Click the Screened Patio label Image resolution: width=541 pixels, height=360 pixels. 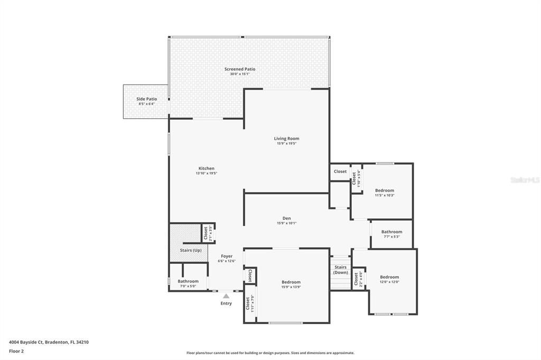(x=240, y=69)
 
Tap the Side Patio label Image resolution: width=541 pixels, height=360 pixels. (x=147, y=99)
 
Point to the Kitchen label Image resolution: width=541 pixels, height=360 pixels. (x=206, y=168)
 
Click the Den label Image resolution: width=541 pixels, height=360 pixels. (x=286, y=219)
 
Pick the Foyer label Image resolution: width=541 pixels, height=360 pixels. (x=227, y=256)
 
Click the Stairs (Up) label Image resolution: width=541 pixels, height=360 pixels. (x=191, y=250)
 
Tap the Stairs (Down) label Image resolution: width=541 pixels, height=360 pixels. (x=341, y=270)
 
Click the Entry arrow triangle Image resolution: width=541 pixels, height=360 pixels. (x=226, y=296)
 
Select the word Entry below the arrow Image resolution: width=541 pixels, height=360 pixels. (x=226, y=304)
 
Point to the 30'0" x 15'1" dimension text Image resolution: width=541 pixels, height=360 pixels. (x=240, y=74)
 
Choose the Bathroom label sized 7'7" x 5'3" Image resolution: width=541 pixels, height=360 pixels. (x=391, y=232)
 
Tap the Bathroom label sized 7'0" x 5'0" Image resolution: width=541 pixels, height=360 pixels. (x=188, y=281)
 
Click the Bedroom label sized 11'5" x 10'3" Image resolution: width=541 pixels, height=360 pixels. (x=385, y=191)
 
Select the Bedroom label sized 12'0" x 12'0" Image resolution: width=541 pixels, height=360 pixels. (x=389, y=277)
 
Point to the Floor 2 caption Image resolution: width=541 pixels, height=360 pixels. (x=16, y=350)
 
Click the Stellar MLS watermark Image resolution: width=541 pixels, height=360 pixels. (x=525, y=180)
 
